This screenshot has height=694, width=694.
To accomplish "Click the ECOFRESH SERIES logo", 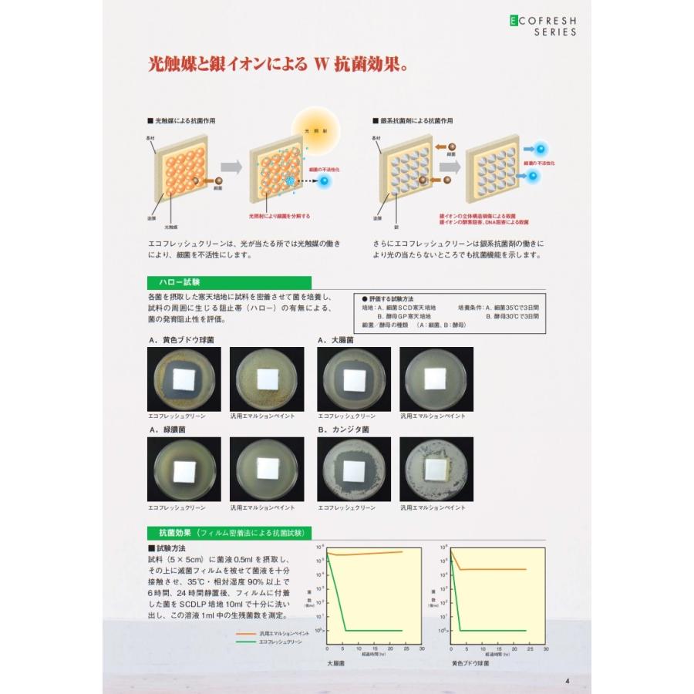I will (542, 27).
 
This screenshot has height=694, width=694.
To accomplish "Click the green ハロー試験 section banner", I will (229, 283).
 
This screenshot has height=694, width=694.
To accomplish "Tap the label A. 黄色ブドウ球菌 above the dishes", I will (180, 339).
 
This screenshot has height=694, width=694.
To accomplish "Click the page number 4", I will (567, 680).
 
